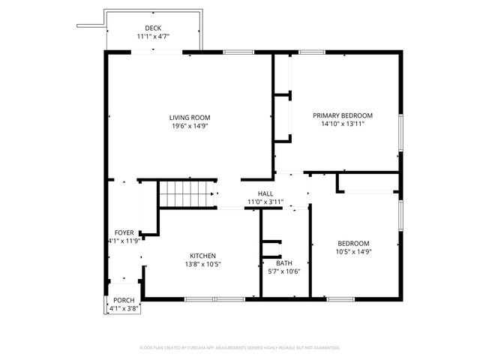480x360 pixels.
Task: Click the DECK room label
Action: [153, 28]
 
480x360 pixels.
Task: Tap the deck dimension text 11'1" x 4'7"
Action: [153, 37]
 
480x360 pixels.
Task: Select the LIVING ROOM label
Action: [189, 118]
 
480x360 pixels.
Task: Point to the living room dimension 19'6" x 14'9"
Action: [189, 126]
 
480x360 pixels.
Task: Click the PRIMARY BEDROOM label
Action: [342, 115]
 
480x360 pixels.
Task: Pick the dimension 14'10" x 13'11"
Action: [342, 124]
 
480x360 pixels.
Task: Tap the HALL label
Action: [265, 193]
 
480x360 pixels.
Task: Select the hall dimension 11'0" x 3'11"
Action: [265, 201]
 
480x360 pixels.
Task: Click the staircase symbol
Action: [187, 193]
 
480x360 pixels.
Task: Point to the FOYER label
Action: [124, 232]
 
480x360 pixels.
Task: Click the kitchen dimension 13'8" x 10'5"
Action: [202, 264]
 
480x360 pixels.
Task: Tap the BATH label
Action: [284, 263]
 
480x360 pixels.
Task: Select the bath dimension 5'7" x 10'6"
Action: [284, 271]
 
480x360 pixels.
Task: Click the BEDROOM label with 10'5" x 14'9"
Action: [352, 243]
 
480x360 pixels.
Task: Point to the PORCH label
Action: [124, 300]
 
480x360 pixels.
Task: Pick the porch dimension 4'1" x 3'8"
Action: [124, 308]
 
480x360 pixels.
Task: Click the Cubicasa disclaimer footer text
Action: [240, 348]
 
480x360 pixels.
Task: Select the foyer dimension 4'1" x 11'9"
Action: [124, 241]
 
